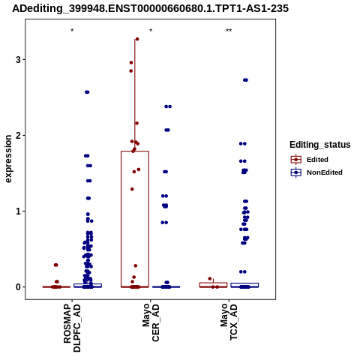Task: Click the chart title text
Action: (151, 8)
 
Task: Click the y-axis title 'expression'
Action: (8, 159)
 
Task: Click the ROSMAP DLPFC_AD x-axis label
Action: (72, 328)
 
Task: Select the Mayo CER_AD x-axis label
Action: (151, 322)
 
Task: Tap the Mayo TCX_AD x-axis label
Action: (229, 322)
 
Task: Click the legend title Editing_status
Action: (319, 145)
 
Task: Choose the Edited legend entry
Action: (310, 160)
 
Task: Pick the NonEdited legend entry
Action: (316, 172)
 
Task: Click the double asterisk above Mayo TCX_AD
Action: (229, 31)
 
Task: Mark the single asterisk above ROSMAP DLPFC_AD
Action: (72, 31)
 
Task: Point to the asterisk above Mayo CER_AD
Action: (151, 31)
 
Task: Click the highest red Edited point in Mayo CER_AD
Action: (137, 39)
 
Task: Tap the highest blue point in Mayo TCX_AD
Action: (245, 80)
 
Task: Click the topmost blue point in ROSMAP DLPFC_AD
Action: (87, 92)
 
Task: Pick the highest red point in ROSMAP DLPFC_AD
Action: (55, 265)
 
